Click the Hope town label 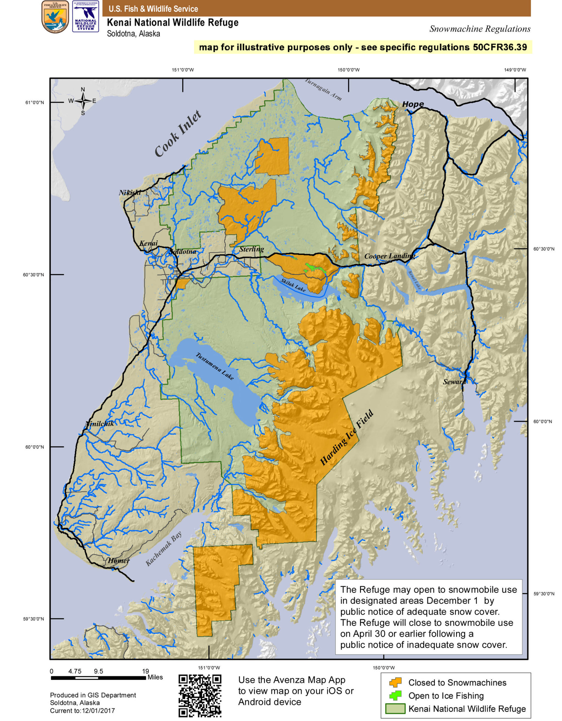tap(413, 104)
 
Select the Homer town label tap(119, 560)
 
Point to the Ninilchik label tap(100, 424)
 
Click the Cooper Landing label tap(389, 256)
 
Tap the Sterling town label tap(252, 249)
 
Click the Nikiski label tap(130, 192)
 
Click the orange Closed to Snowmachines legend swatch tap(395, 682)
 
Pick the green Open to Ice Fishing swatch tap(395, 695)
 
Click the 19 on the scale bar tap(145, 671)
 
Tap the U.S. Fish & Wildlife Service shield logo tap(55, 17)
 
